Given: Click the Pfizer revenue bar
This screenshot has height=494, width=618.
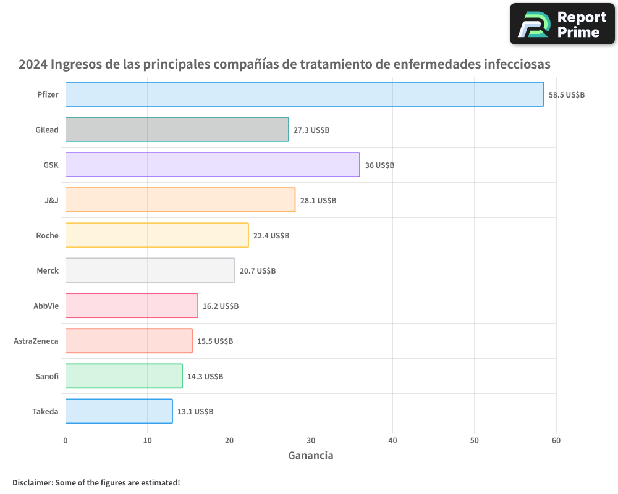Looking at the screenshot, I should [304, 94].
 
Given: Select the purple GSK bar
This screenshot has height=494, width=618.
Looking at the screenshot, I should [213, 165].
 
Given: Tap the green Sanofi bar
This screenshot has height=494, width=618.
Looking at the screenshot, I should [124, 376].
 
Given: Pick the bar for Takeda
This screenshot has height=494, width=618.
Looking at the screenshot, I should [119, 411].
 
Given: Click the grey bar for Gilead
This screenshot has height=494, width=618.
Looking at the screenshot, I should [177, 130].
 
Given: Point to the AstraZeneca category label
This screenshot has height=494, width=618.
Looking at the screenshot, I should [36, 341].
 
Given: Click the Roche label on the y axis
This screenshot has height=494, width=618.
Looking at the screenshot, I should [47, 235].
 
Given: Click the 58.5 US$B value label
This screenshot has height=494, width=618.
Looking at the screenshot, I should [567, 94].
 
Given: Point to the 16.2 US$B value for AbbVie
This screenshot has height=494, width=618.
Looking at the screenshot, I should [221, 306].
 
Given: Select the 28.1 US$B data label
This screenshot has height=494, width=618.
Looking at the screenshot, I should [318, 200].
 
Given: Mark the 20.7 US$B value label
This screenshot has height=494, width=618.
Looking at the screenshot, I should [258, 270].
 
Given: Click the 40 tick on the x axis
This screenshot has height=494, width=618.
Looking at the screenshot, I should [392, 440].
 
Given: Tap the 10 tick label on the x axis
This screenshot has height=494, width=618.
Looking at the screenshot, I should [147, 440].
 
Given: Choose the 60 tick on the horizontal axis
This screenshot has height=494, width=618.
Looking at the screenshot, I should [556, 440].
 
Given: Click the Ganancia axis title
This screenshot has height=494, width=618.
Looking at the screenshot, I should [311, 456].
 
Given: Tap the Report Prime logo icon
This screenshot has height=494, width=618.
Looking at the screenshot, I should [533, 24].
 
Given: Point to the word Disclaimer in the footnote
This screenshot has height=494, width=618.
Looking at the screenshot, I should [32, 482].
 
